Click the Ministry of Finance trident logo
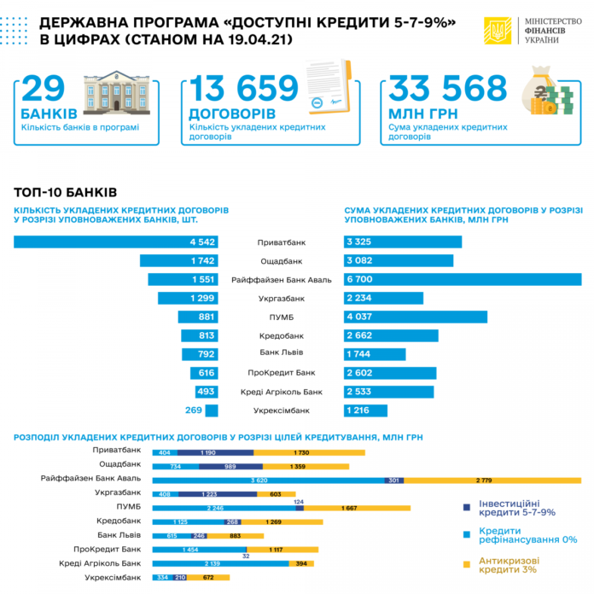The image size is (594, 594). [x=495, y=32]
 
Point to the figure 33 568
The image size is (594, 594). [x=436, y=89]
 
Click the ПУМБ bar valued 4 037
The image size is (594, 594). [x=415, y=317]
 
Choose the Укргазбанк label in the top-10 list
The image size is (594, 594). [x=281, y=299]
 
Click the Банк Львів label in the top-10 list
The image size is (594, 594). [x=281, y=352]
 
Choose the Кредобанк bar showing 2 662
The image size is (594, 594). [x=391, y=335]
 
